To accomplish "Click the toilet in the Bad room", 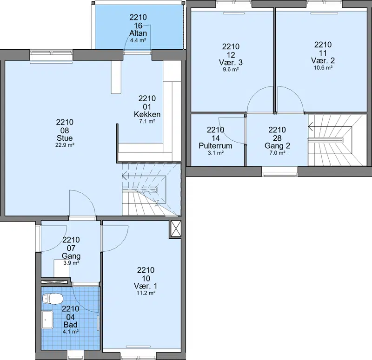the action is [x=53, y=299].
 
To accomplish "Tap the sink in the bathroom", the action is [x=47, y=320].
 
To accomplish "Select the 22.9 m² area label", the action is [x=65, y=145].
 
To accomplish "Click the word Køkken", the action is [x=147, y=114].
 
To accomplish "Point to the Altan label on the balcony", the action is [x=138, y=33].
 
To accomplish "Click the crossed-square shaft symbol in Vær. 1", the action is [x=176, y=229].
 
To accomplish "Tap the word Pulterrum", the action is [x=215, y=145].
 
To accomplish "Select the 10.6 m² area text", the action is [x=323, y=67].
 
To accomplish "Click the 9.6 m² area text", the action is [x=231, y=69].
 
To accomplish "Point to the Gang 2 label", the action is [x=277, y=145].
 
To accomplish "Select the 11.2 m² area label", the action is [x=146, y=293].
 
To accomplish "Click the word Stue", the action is [x=65, y=138].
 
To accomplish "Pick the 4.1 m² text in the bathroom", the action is [x=71, y=332].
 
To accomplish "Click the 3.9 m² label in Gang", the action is [x=71, y=262].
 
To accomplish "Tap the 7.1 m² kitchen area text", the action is [x=147, y=121].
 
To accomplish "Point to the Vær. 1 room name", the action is [x=146, y=286].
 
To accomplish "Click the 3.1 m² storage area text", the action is [x=215, y=153].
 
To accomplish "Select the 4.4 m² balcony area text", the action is [x=138, y=40].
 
